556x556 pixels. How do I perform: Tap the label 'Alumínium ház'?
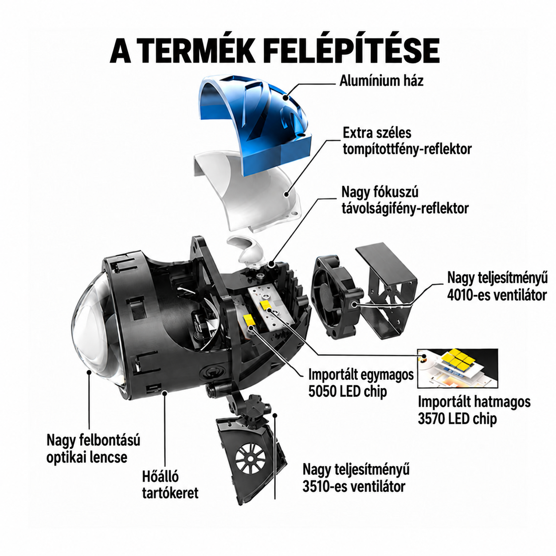pyautogui.click(x=381, y=81)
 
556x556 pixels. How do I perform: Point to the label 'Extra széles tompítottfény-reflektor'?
pyautogui.click(x=407, y=141)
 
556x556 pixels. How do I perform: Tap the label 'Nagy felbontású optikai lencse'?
pyautogui.click(x=93, y=449)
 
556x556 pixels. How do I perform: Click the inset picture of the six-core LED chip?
pyautogui.click(x=458, y=368)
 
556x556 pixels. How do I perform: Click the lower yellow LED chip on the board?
pyautogui.click(x=249, y=320)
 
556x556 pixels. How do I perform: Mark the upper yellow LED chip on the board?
pyautogui.click(x=266, y=305)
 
